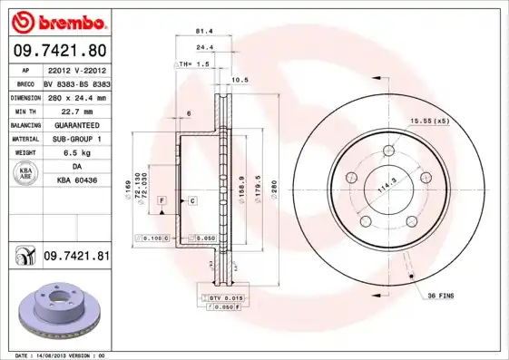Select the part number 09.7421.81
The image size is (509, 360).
pyautogui.click(x=77, y=257)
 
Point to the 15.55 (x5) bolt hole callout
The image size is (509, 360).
pyautogui.click(x=429, y=121)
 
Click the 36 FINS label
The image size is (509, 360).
pyautogui.click(x=442, y=295)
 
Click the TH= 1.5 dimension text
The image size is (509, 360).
pyautogui.click(x=193, y=65)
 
